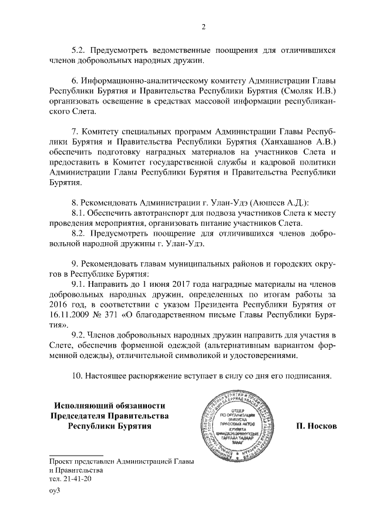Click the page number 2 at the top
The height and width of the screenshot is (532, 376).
coord(203,26)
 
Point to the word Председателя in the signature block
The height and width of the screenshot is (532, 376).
coord(83,416)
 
